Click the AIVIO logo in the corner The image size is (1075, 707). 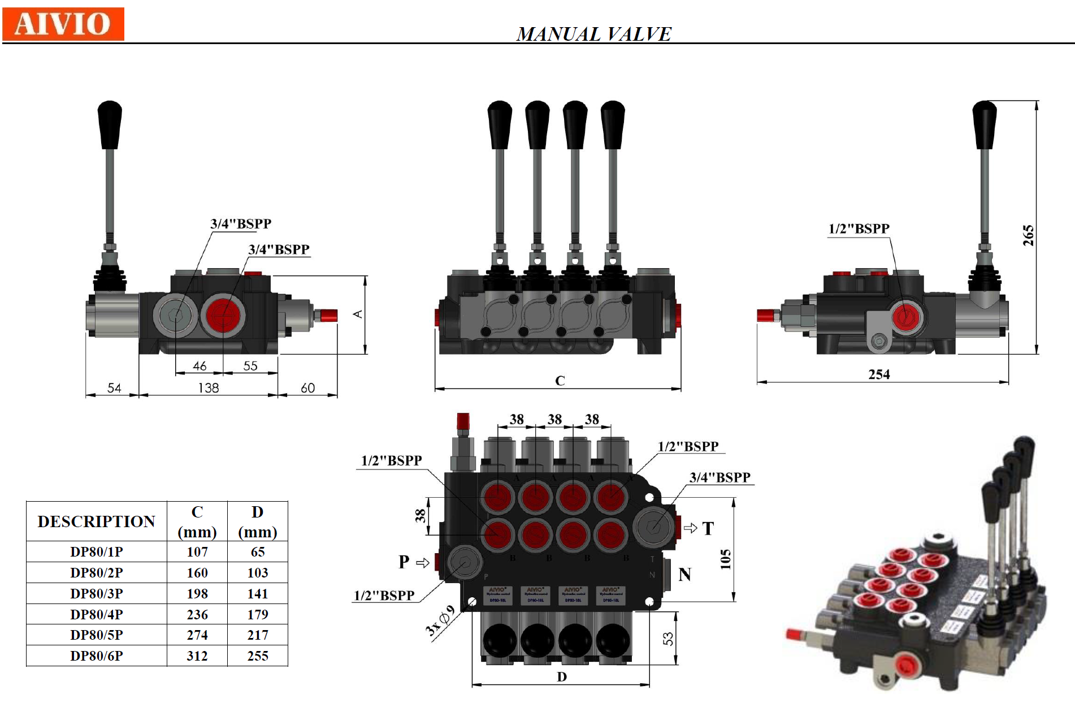(63, 24)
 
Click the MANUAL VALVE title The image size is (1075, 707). (593, 34)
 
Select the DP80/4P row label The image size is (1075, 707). (97, 614)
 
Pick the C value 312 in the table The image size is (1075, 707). (197, 656)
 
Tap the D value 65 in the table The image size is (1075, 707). (258, 552)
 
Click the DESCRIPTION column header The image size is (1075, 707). (97, 521)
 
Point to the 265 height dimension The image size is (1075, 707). (1028, 235)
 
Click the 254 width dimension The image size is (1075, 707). (879, 374)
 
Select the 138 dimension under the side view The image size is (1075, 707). (209, 388)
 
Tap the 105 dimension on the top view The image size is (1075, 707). (726, 559)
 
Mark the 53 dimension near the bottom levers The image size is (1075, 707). (668, 639)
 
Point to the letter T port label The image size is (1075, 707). (708, 529)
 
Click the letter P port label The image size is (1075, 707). (404, 562)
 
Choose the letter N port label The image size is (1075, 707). (685, 575)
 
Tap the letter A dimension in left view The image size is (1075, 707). (358, 314)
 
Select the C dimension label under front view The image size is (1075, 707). (560, 381)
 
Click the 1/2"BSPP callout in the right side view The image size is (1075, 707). (859, 229)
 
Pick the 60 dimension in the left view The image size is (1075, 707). (307, 388)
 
